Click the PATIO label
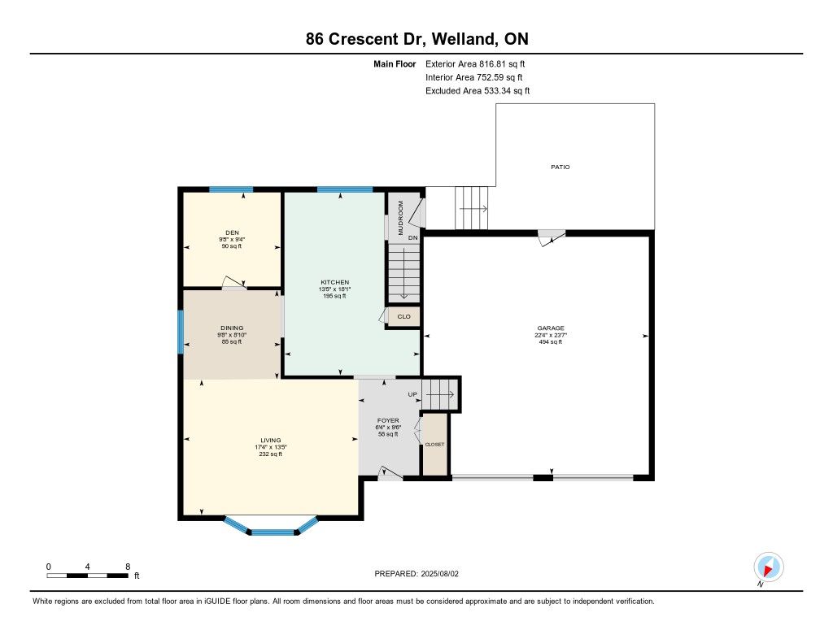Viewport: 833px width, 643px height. pos(560,167)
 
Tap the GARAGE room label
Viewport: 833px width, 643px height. pos(551,328)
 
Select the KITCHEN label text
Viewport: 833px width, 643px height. pos(334,282)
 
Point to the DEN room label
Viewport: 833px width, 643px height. pos(232,232)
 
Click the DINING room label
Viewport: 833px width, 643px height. pos(232,328)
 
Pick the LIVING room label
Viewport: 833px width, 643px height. pos(270,440)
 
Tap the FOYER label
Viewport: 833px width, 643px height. pos(388,420)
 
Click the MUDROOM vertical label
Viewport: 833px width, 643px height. pos(400,218)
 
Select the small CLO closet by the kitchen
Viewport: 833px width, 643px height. pos(403,316)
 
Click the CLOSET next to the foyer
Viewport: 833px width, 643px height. pos(434,445)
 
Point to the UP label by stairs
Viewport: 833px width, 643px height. pos(412,394)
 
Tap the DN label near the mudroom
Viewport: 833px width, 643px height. pos(412,238)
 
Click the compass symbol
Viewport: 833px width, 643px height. pos(768,567)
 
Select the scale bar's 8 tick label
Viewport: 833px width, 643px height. pos(128,567)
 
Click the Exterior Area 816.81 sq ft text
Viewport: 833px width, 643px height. pos(475,63)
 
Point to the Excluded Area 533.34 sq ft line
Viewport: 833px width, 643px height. pos(478,91)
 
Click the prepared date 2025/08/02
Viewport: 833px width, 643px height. pos(439,573)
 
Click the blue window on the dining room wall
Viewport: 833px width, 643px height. pos(181,332)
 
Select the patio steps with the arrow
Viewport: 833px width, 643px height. pos(471,208)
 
